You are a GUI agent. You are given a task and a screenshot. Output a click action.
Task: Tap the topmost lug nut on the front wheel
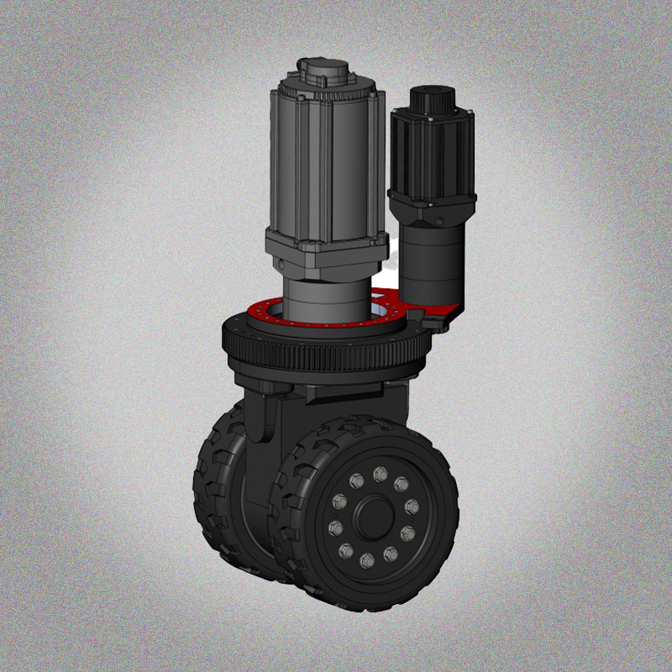[x=380, y=475]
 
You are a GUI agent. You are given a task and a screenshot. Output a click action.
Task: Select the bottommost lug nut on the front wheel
[x=367, y=559]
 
